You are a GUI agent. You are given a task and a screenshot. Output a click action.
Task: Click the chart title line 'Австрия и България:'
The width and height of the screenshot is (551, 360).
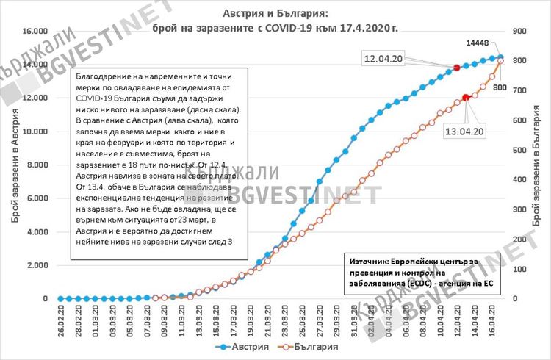pyautogui.click(x=275, y=14)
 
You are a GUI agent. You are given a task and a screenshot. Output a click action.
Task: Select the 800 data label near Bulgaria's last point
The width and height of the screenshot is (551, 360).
pyautogui.click(x=500, y=87)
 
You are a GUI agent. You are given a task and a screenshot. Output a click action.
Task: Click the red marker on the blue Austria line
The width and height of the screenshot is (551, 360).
pyautogui.click(x=456, y=68)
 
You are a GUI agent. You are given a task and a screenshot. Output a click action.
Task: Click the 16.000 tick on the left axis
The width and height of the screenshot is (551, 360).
pyautogui.click(x=36, y=31)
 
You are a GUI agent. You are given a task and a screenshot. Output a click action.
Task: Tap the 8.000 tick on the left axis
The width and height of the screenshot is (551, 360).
pyautogui.click(x=38, y=165)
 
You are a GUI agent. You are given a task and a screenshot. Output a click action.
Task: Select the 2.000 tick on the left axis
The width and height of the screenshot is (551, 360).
pyautogui.click(x=38, y=266)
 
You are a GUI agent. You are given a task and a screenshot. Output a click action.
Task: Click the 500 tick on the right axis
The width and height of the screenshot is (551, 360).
pyautogui.click(x=519, y=150)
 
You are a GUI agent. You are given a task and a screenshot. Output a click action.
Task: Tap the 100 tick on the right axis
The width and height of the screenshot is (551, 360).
pyautogui.click(x=519, y=270)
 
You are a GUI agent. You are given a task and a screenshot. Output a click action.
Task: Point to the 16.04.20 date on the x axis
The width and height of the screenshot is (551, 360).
pyautogui.click(x=492, y=320)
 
